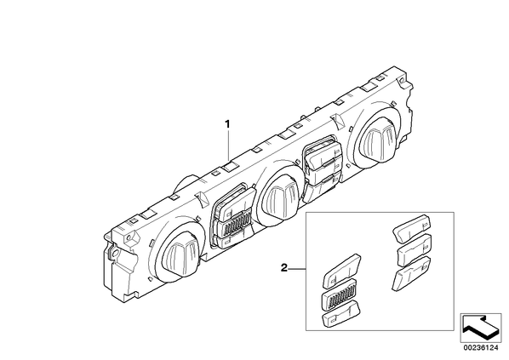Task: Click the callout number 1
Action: tap(227, 124)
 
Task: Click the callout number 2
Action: tap(284, 268)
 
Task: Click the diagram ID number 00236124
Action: tap(481, 348)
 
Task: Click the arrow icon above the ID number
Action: tap(481, 327)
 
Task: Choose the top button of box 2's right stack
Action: tap(412, 228)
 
